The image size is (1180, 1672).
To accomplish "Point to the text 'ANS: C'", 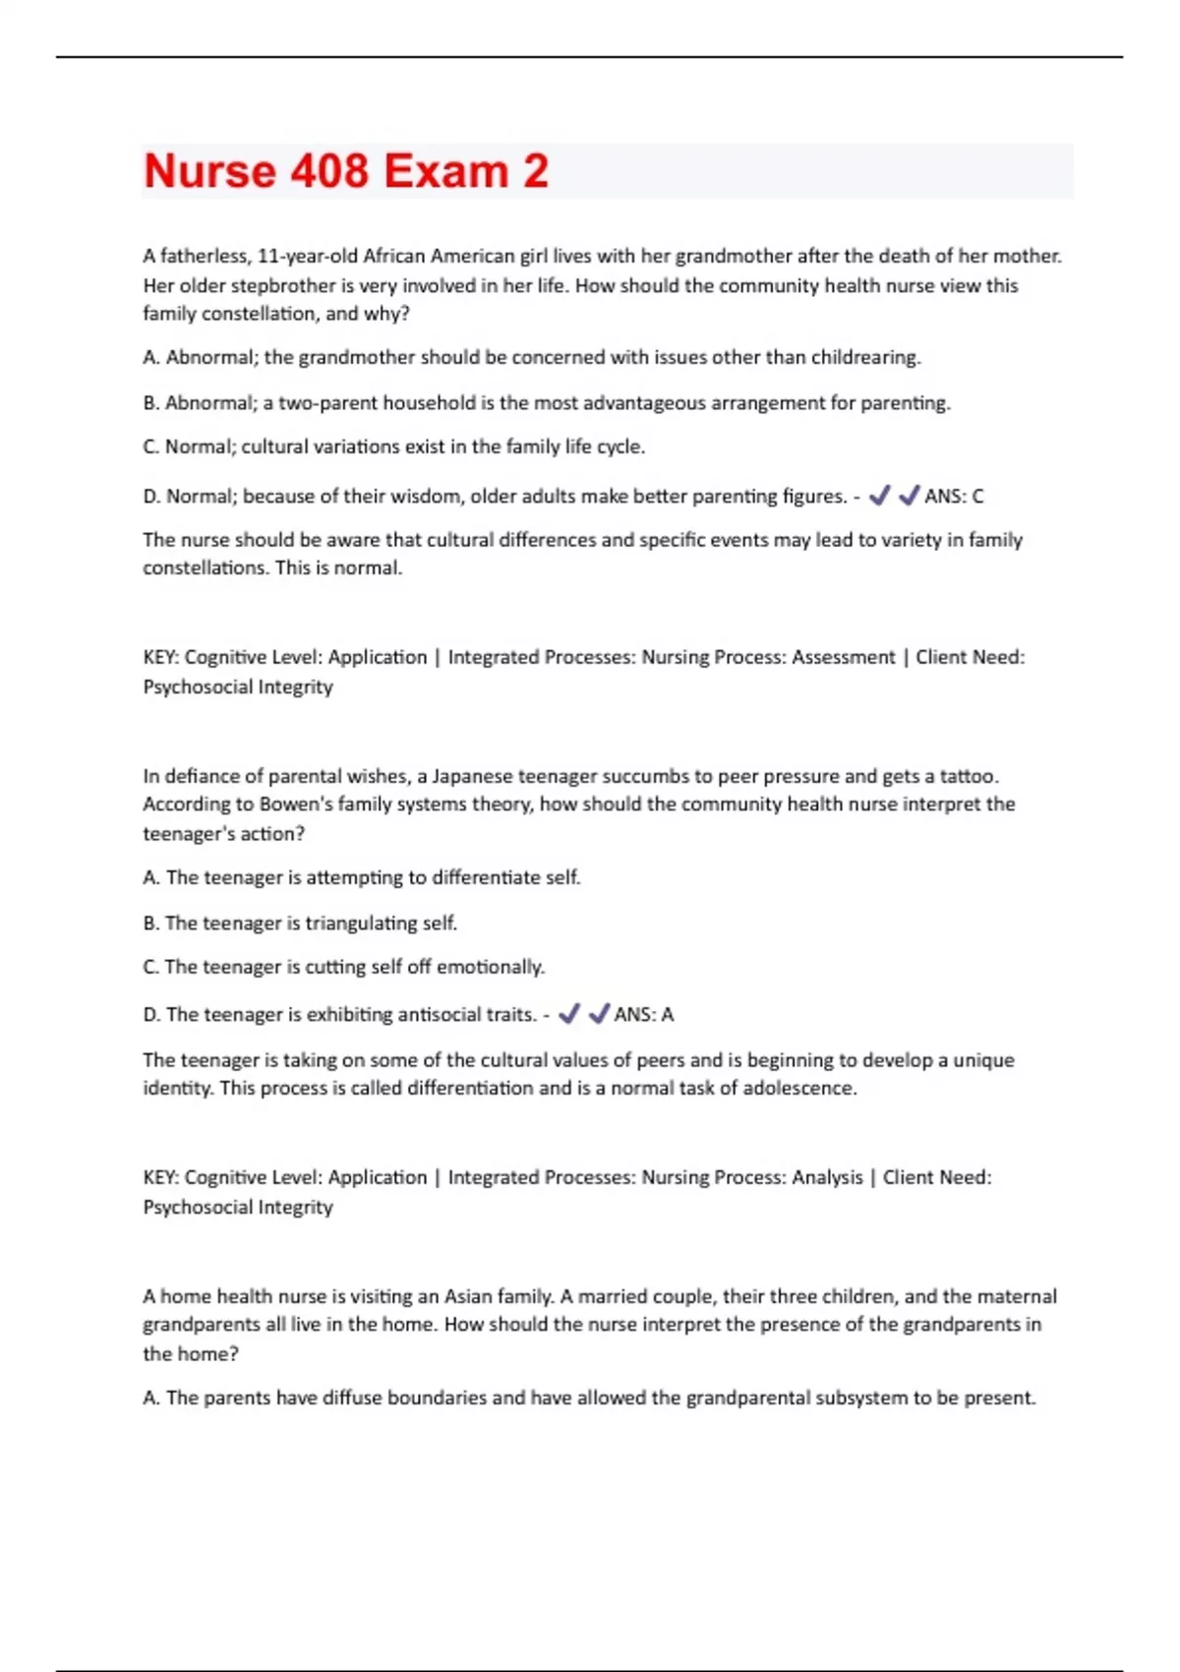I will [954, 497].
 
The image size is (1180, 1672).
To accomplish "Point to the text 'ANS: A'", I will [644, 1015].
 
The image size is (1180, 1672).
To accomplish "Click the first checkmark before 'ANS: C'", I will [880, 496].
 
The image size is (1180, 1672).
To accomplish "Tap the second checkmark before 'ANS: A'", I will [599, 1014].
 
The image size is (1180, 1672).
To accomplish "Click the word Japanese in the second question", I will [472, 776].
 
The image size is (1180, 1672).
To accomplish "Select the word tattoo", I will [969, 776].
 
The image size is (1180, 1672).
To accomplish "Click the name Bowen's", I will [296, 805].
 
